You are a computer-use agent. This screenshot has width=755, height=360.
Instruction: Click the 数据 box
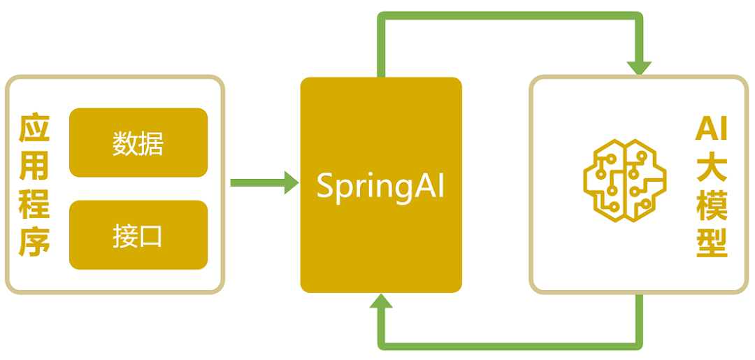coord(138,143)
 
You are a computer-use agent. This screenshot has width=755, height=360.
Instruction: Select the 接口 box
coord(138,235)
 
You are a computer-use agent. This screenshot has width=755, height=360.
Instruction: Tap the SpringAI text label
coord(380,186)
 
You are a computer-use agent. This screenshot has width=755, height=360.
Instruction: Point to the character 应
coord(34,128)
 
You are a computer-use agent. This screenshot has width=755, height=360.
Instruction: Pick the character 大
coord(711,168)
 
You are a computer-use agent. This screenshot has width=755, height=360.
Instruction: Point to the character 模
coord(711,206)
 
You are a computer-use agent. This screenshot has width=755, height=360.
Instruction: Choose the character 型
coord(711,244)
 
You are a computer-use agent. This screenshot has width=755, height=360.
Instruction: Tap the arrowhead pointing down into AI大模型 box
coord(639,68)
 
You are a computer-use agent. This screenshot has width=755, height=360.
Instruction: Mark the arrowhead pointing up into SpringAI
coord(381,301)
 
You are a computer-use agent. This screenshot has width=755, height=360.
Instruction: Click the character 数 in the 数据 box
coord(125,143)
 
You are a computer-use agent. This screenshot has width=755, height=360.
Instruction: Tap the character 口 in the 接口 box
coord(151,236)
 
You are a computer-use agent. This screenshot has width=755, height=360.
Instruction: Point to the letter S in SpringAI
coord(325,187)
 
